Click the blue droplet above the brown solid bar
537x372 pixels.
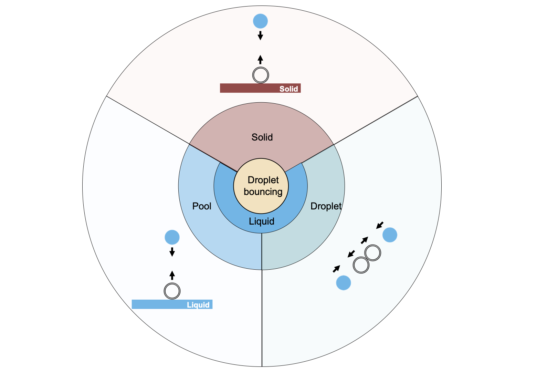(260, 21)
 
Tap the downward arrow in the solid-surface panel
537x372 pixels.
(260, 35)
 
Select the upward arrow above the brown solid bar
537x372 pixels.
(260, 60)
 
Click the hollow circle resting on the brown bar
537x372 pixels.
(261, 75)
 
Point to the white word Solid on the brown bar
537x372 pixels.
(288, 89)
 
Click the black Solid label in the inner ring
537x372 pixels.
(262, 137)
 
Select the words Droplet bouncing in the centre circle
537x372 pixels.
(263, 186)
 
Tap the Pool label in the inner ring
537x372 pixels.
(202, 206)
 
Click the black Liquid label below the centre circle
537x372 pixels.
(262, 221)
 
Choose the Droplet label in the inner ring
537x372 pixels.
(326, 206)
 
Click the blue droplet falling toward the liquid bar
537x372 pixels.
(172, 237)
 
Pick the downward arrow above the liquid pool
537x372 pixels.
(172, 251)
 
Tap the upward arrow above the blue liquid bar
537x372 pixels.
(172, 275)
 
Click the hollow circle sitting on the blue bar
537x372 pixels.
(172, 291)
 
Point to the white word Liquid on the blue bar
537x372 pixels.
(198, 305)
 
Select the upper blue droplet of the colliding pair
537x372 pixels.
(390, 235)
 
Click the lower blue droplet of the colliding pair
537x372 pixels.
(343, 283)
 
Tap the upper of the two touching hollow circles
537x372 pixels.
(372, 253)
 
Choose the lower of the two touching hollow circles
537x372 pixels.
(361, 265)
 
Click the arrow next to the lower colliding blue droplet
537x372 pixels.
(336, 269)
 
